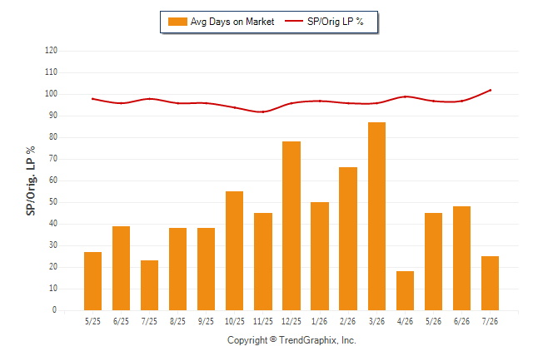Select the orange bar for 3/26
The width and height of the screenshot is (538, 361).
[x=376, y=216]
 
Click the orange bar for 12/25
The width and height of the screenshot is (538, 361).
[x=291, y=226]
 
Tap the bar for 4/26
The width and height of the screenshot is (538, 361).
[x=405, y=291]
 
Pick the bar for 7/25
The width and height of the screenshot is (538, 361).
[x=149, y=285]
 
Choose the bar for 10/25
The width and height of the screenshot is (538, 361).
[x=234, y=251]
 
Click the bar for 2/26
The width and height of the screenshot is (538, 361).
[x=348, y=239]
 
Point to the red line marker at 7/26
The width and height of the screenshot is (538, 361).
[x=490, y=90]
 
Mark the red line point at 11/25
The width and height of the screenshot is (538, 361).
[x=263, y=111]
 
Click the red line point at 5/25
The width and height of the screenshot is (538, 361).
[x=92, y=99]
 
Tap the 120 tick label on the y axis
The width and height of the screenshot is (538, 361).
[x=51, y=51]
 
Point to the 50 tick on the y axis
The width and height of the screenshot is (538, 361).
[x=52, y=202]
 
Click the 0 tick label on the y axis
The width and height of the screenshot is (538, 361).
[x=55, y=310]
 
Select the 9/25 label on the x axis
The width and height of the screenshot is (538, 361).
[x=206, y=321]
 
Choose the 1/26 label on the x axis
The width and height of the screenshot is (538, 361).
[x=320, y=321]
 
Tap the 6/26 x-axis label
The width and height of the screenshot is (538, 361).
[x=461, y=321]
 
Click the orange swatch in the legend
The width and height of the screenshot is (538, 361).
[x=177, y=22]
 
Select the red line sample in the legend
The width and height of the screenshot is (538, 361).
[x=294, y=21]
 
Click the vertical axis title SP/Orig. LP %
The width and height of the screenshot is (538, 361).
[x=31, y=180]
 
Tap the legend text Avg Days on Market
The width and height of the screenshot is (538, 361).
[x=232, y=22]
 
